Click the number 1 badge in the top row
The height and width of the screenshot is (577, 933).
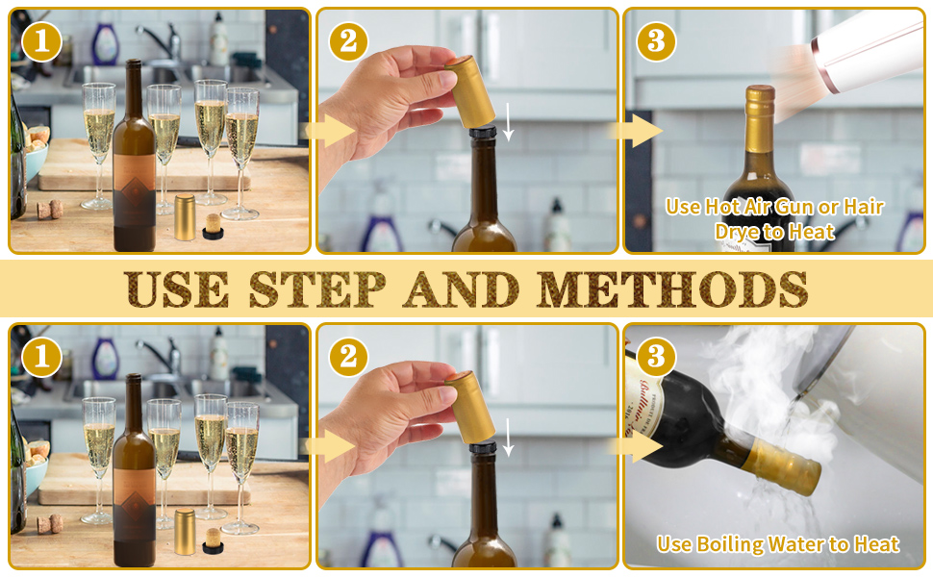pos(41,41)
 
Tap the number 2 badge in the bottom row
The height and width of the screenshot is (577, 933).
pos(348,357)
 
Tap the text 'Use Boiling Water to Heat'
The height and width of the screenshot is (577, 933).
pos(777,544)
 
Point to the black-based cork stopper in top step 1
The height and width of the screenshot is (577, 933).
pos(213,227)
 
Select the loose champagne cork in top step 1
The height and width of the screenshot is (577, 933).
pos(50,209)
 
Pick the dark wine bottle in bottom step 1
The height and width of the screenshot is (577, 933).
pos(134,481)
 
